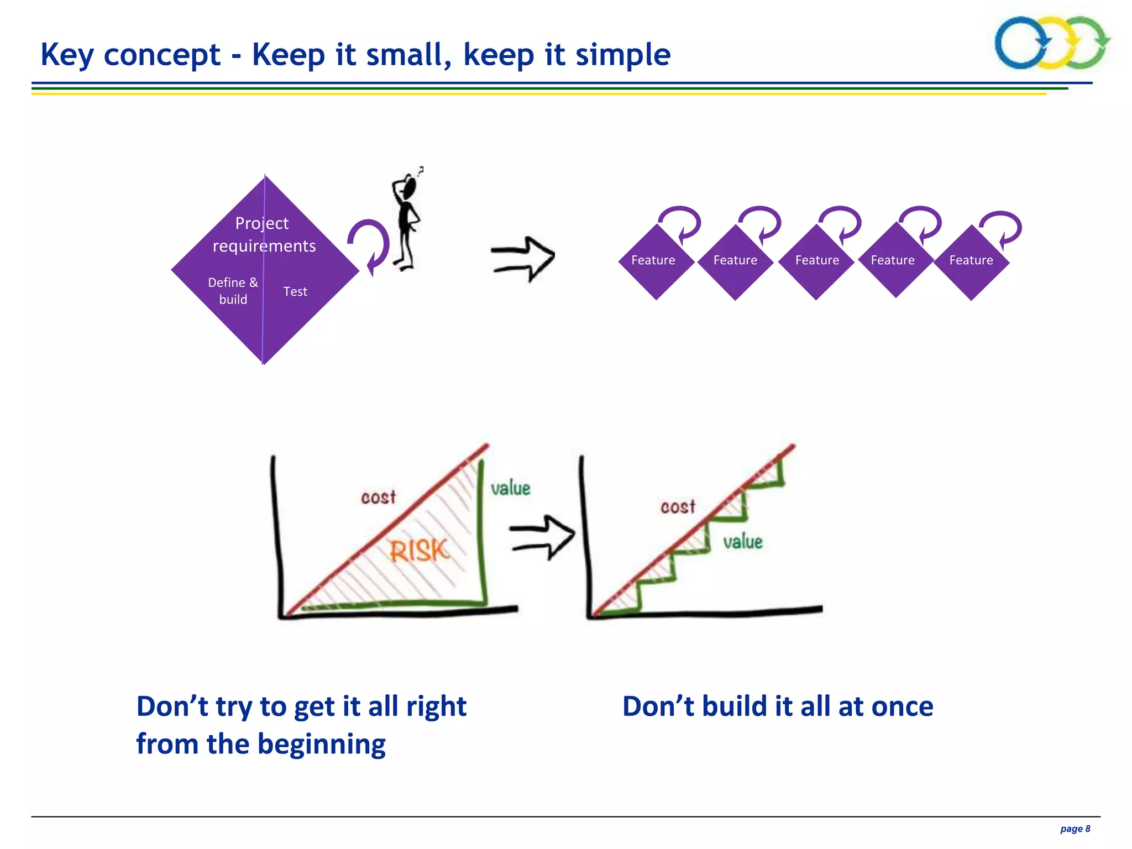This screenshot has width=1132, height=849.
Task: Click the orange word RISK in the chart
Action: click(419, 551)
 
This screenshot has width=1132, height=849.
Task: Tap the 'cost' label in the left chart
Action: click(378, 497)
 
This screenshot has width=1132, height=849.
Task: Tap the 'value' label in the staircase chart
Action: click(742, 541)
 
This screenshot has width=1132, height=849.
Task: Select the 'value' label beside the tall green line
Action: click(510, 488)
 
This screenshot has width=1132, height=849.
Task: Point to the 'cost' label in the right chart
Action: click(678, 506)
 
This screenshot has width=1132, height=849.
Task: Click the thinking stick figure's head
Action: click(410, 188)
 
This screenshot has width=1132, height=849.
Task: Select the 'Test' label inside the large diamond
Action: click(295, 291)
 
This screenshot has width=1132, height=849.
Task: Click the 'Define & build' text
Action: click(233, 291)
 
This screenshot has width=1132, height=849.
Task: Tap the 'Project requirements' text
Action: click(264, 234)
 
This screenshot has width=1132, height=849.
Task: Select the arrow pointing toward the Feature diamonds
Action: click(523, 259)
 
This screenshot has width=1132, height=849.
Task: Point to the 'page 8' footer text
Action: click(1075, 829)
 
